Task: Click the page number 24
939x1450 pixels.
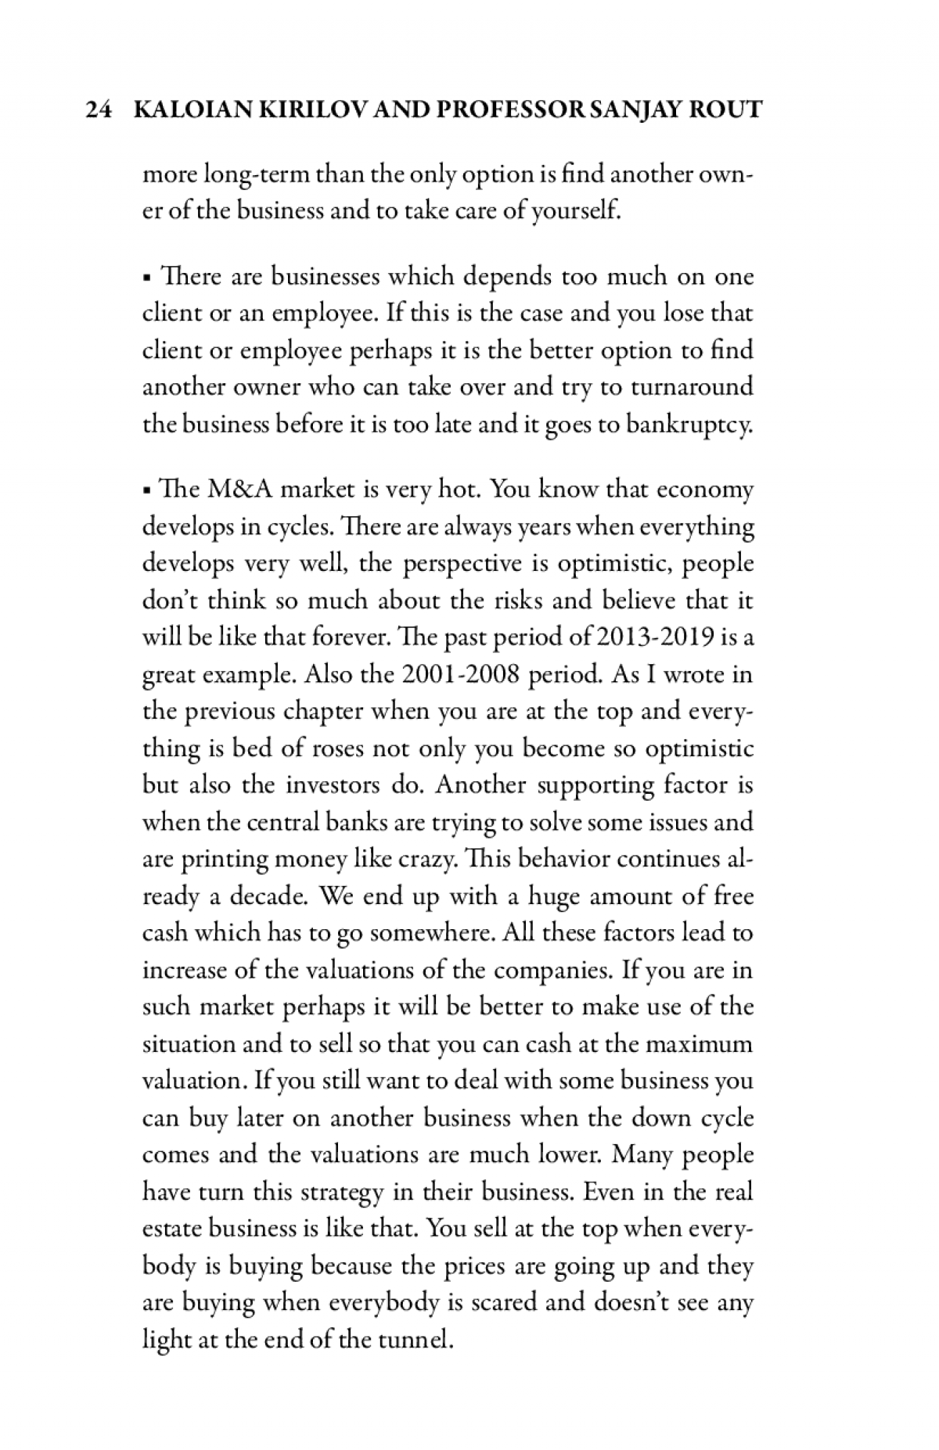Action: coord(96,110)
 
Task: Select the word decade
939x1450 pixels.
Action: coord(271,896)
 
